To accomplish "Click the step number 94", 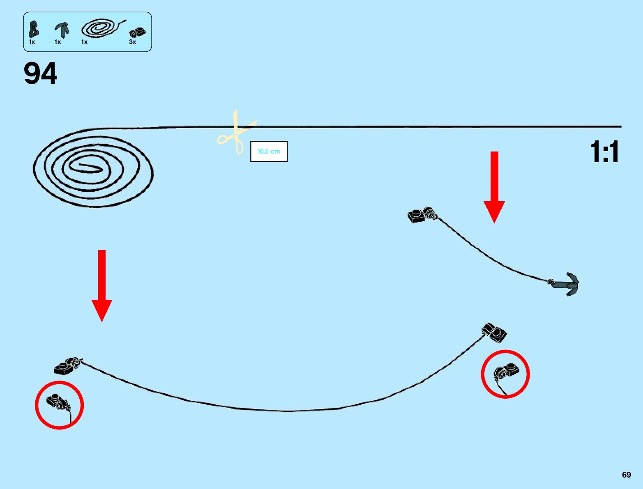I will tap(40, 74).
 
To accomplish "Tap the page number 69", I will tap(626, 475).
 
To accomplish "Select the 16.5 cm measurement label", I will tap(269, 152).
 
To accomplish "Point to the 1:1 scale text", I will tap(604, 152).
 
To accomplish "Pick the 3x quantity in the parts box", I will tap(132, 42).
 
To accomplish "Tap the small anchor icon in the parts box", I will tap(62, 30).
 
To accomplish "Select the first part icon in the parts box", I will tap(34, 29).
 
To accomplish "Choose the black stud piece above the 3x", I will tap(137, 32).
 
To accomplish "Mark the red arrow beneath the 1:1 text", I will tap(494, 187).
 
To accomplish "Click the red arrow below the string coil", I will tap(102, 285).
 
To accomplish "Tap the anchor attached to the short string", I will tap(568, 283).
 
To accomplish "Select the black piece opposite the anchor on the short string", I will tap(421, 215).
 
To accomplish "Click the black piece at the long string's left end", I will tap(67, 365).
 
